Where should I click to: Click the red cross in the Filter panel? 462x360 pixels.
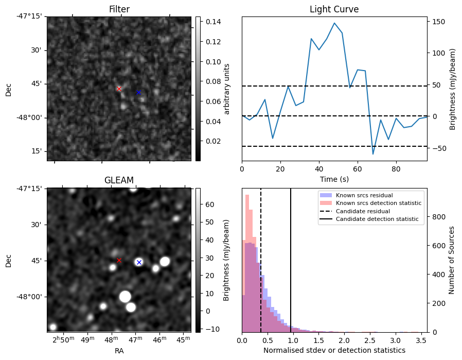[x=119, y=89]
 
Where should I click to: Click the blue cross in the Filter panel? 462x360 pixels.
[x=139, y=92]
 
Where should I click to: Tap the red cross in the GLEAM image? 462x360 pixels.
[x=119, y=261]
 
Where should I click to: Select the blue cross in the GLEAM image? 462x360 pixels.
[x=139, y=263]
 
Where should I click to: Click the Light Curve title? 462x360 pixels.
[x=334, y=9]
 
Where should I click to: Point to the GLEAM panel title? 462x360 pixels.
[x=119, y=180]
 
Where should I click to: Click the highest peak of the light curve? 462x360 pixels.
[x=334, y=23]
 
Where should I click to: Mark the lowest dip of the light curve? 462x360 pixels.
[x=373, y=154]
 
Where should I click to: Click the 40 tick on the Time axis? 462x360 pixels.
[x=319, y=169]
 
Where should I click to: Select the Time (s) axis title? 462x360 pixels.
[x=334, y=179]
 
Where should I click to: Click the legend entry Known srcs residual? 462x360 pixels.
[x=364, y=195]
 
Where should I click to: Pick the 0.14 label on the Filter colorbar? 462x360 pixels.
[x=214, y=22]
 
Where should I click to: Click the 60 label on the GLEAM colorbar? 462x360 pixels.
[x=210, y=204]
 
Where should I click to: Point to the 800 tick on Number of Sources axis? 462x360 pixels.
[x=439, y=217]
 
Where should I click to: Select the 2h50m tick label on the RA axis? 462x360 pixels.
[x=63, y=340]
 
